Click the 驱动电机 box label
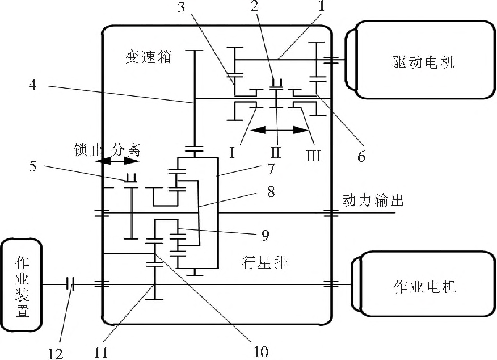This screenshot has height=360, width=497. [x=423, y=61]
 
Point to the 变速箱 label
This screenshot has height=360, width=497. [x=149, y=57]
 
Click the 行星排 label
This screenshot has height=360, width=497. [x=264, y=263]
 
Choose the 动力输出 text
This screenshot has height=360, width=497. [x=373, y=200]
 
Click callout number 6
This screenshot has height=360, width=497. [x=360, y=157]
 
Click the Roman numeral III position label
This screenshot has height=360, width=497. [x=313, y=155]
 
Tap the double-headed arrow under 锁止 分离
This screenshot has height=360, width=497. [x=111, y=162]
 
